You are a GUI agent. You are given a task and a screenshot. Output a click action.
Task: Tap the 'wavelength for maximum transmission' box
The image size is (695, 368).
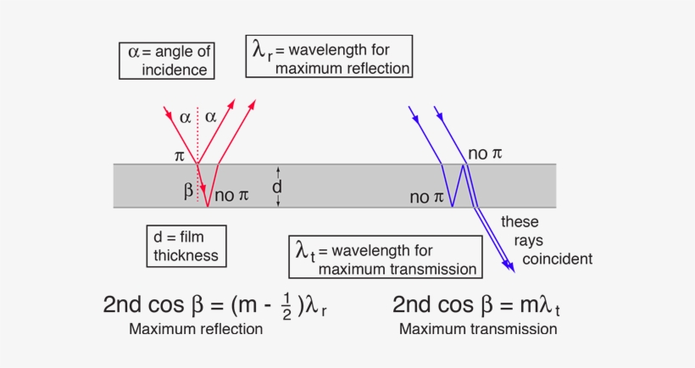[384, 258]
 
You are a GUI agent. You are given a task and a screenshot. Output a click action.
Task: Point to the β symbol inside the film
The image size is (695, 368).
[188, 190]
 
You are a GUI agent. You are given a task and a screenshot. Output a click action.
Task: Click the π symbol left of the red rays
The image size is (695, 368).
[179, 157]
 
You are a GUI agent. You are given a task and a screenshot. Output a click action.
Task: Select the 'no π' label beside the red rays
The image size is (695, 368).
[231, 196]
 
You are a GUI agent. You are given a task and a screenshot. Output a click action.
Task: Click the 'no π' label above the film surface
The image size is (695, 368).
[485, 153]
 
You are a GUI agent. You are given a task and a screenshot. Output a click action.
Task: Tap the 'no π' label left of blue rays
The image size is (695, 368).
[426, 198]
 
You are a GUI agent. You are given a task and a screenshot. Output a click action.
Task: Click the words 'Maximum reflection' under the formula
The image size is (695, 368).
[195, 329]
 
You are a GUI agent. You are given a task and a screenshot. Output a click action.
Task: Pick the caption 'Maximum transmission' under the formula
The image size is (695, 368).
[478, 329]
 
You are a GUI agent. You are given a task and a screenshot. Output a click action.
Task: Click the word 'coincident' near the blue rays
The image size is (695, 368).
[557, 259]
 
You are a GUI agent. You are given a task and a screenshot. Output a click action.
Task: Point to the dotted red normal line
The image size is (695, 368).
[197, 131]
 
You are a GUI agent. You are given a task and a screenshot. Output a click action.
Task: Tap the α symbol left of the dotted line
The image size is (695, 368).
[186, 117]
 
